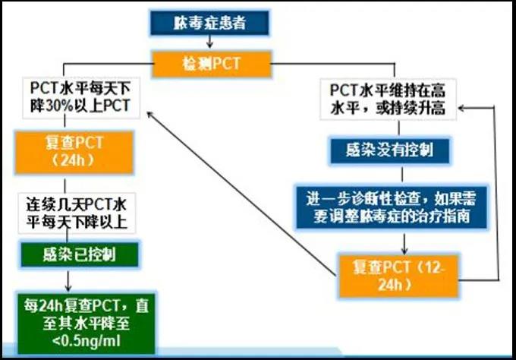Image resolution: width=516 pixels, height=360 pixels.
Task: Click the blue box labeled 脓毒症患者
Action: [209, 23]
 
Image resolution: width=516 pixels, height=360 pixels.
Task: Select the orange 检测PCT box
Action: [212, 64]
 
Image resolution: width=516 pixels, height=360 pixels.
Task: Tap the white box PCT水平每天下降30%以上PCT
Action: [81, 98]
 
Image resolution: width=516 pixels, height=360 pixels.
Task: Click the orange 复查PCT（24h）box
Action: [74, 152]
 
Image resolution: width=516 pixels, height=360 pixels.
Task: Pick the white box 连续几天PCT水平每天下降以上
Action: [77, 213]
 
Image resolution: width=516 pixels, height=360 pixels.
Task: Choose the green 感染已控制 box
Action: [80, 254]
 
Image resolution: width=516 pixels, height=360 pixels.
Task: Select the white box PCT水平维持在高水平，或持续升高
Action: [389, 99]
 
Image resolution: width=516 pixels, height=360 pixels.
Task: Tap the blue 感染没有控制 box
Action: [390, 150]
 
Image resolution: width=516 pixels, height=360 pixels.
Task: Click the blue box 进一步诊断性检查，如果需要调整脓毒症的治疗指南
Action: [392, 207]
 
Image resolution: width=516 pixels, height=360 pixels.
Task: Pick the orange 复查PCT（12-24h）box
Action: [398, 276]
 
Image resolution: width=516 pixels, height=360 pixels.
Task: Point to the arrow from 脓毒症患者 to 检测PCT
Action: [209, 42]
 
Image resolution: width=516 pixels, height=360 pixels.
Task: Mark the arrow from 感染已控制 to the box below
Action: [68, 279]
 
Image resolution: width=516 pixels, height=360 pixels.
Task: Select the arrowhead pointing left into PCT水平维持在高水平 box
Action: [461, 108]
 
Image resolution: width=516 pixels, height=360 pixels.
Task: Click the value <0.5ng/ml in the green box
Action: [87, 341]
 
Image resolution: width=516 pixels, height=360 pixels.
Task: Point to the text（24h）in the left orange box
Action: [73, 160]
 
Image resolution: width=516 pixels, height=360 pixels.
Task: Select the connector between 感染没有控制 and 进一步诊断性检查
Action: [402, 175]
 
